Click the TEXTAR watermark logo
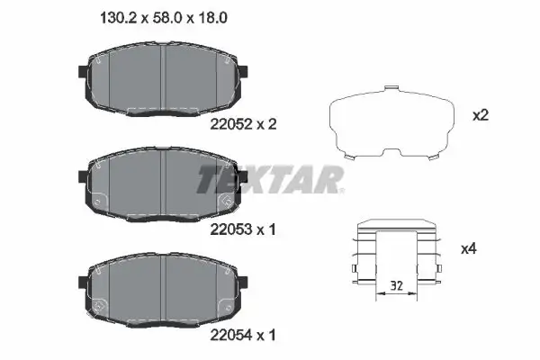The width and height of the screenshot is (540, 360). [270, 179]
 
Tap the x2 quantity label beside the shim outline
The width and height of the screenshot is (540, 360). [481, 115]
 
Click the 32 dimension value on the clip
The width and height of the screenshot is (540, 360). [395, 287]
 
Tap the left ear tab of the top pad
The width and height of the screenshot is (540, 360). [82, 71]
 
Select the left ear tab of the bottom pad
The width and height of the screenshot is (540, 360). [82, 280]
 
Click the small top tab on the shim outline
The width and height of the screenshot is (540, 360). [390, 89]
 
